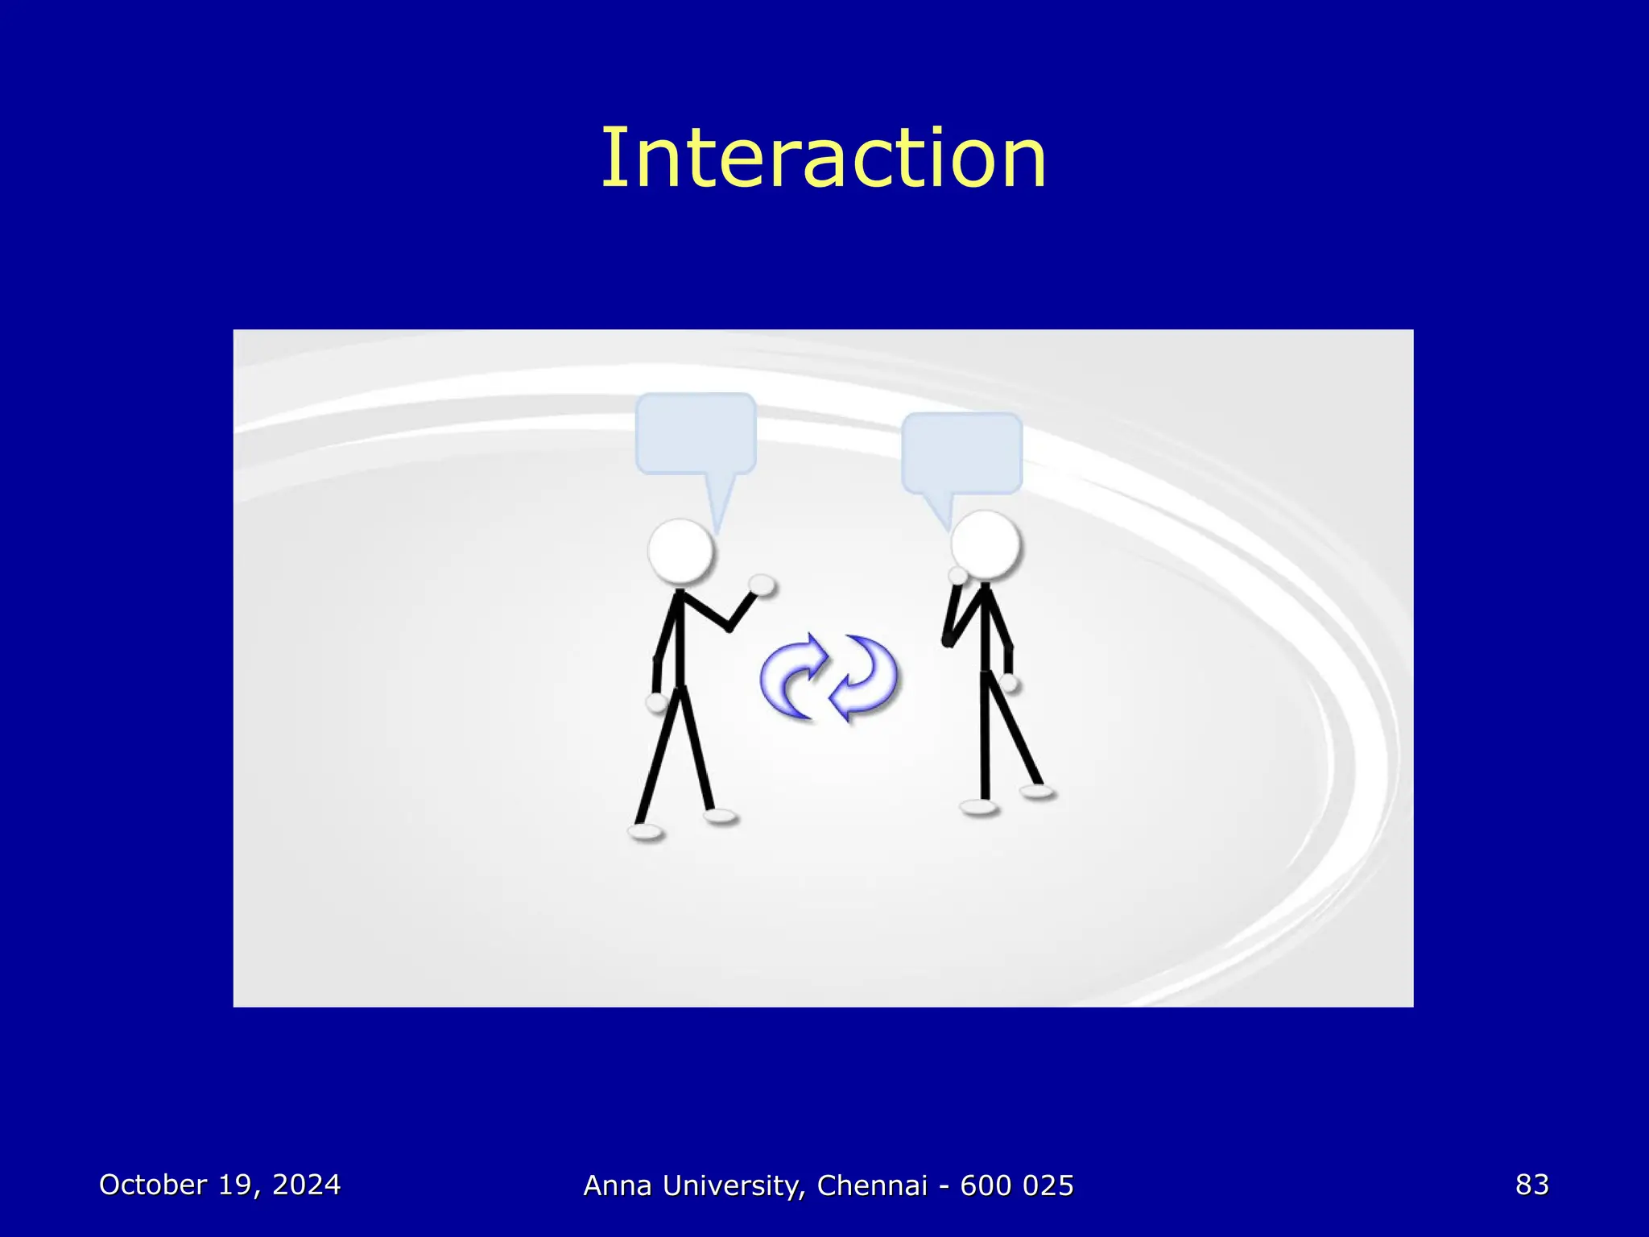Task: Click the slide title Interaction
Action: [x=824, y=158]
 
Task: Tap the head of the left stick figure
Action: [x=680, y=551]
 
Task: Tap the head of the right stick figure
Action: [x=985, y=544]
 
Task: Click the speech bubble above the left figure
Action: [x=696, y=433]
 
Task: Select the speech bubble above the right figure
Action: [x=962, y=453]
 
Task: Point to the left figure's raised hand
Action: [x=761, y=585]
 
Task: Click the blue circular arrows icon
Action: [x=829, y=677]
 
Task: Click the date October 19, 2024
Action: [x=220, y=1185]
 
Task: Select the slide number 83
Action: [x=1531, y=1185]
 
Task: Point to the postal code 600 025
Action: [x=1017, y=1185]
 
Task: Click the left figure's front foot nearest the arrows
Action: [x=720, y=817]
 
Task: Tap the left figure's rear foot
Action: [x=646, y=832]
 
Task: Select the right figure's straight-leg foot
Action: [x=978, y=806]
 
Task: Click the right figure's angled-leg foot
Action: [x=1037, y=791]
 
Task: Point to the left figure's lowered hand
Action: [x=657, y=703]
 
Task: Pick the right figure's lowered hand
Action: [x=1008, y=684]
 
